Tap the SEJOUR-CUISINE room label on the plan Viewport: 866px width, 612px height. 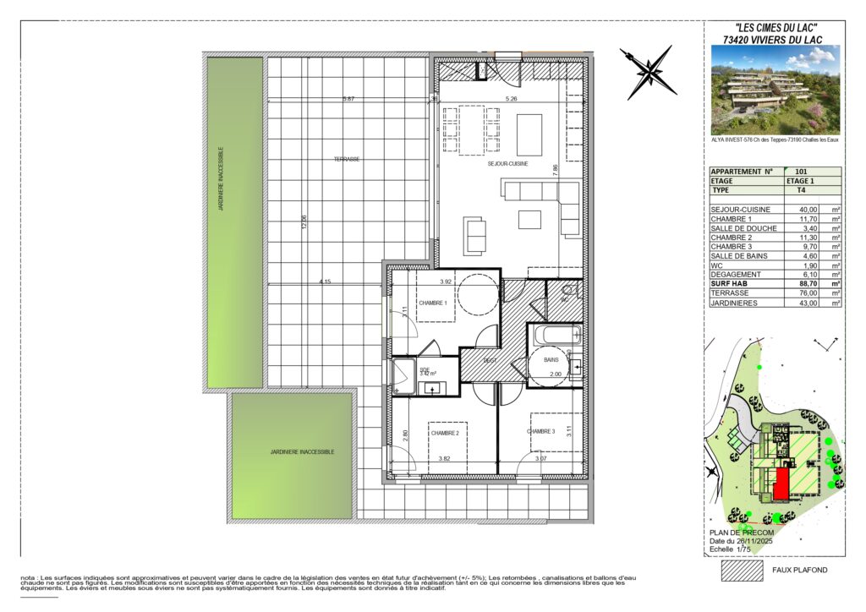(x=508, y=164)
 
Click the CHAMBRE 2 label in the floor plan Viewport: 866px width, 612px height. (x=444, y=433)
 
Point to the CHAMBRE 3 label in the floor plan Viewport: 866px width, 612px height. (x=540, y=431)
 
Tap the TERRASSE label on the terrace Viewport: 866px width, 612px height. (x=346, y=159)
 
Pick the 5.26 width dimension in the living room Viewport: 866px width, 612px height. (x=512, y=99)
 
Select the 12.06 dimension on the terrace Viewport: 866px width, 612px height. (x=304, y=223)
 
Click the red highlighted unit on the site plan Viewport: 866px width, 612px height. (x=781, y=485)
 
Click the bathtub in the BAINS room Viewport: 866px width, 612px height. (x=554, y=335)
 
